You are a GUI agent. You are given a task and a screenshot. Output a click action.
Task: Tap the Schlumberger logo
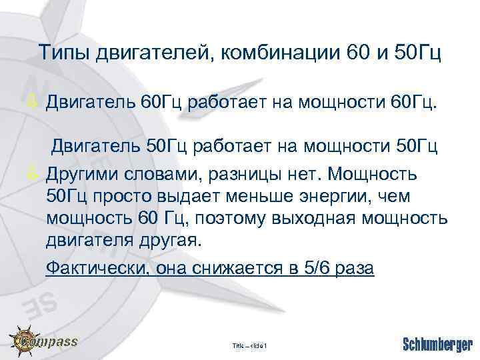pos(437,344)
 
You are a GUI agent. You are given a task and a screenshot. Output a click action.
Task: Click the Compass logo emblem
pos(23,343)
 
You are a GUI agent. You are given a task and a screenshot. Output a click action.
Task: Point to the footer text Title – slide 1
pos(249,345)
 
